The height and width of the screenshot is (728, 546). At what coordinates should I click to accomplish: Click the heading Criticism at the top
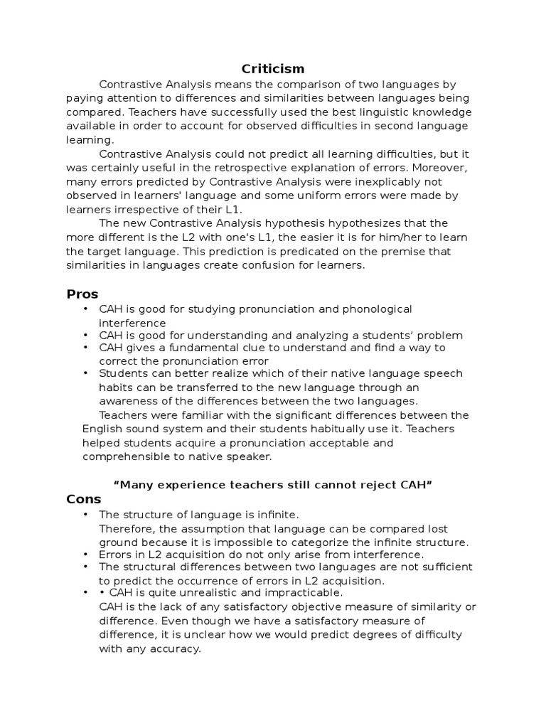pos(273,69)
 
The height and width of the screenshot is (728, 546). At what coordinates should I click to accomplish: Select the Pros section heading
pos(82,294)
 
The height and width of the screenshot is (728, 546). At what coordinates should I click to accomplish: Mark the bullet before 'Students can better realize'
pos(85,373)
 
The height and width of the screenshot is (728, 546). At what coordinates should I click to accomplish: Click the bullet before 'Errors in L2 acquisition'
pos(85,554)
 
